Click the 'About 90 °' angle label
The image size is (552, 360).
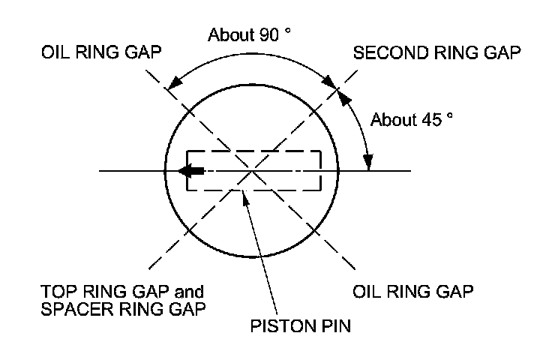248,35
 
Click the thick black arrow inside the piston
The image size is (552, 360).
191,171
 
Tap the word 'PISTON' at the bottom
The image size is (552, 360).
271,326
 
